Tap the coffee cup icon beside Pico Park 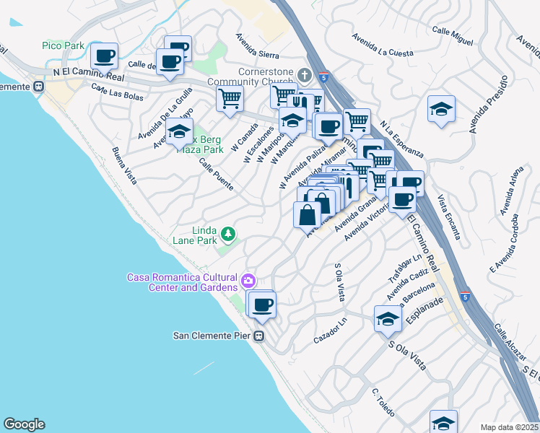click(x=104, y=56)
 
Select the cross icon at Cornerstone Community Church click(x=305, y=75)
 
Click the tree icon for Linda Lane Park click(x=228, y=233)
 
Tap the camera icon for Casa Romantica click(x=248, y=280)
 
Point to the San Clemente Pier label click(x=214, y=336)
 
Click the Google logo click(x=24, y=424)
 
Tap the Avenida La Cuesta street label click(x=383, y=44)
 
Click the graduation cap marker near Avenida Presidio click(x=441, y=109)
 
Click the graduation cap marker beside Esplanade click(x=388, y=318)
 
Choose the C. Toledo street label click(x=383, y=402)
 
